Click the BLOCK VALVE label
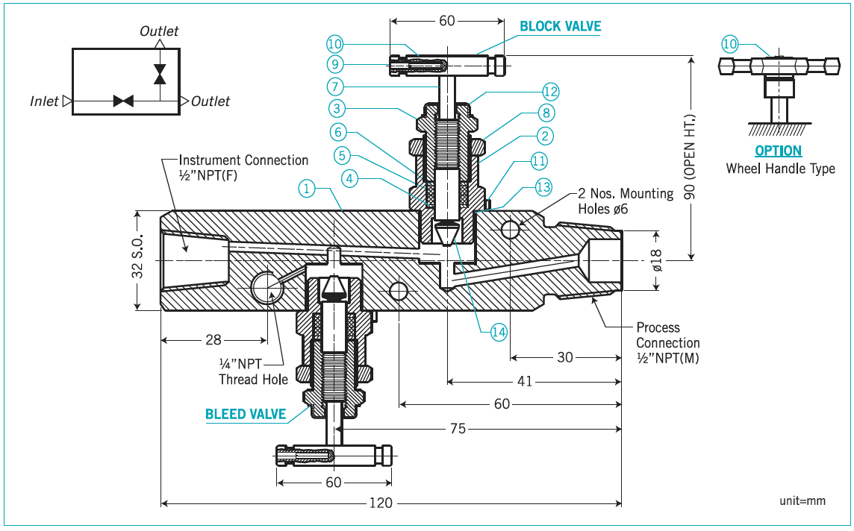tap(560, 26)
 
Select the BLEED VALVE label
tap(246, 414)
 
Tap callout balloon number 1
tap(306, 188)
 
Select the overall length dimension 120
tap(381, 503)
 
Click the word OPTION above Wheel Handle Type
tap(778, 151)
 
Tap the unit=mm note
tap(802, 501)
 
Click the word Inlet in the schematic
tap(44, 101)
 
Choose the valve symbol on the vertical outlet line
tap(159, 74)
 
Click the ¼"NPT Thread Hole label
tap(253, 371)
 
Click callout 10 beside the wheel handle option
tap(729, 45)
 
